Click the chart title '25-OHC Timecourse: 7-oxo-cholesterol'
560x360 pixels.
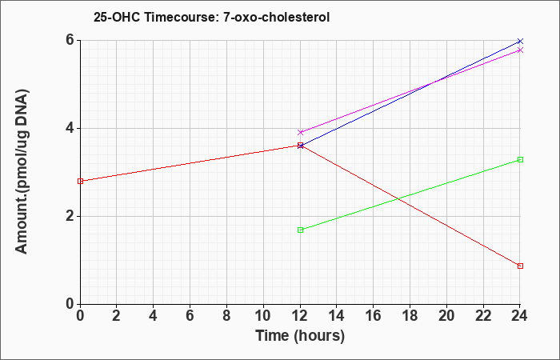[211, 17]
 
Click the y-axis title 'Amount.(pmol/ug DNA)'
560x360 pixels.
[22, 171]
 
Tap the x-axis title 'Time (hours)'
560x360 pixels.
[300, 336]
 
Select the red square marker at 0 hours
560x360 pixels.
[80, 181]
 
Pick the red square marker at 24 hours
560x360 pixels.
[520, 266]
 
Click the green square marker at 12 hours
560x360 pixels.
[300, 230]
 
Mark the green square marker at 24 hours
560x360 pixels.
[520, 160]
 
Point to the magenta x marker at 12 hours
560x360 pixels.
[300, 133]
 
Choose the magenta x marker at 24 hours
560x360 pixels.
[520, 50]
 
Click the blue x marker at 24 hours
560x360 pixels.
[520, 42]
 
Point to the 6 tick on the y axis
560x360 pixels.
[70, 40]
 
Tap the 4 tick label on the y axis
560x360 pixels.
[70, 128]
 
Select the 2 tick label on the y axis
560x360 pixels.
[70, 216]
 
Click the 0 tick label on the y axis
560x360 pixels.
[70, 304]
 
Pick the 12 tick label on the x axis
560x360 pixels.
[300, 316]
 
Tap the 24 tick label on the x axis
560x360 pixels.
[520, 316]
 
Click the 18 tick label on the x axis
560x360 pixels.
[410, 316]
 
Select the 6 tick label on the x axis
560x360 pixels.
[190, 316]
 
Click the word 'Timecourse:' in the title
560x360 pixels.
[182, 17]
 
